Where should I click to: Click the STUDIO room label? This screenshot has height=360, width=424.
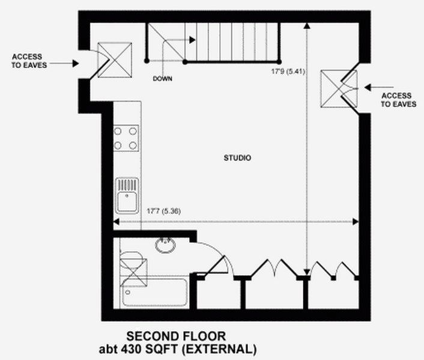237,158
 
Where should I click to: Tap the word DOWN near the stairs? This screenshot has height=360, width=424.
162,79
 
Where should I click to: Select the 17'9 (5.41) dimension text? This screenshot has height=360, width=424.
288,72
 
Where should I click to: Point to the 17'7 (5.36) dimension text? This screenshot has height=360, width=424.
163,211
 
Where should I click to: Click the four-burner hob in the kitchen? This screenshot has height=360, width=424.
126,138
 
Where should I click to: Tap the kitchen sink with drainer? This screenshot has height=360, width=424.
127,195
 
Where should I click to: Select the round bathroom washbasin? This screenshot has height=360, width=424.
166,245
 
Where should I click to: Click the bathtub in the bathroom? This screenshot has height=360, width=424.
154,292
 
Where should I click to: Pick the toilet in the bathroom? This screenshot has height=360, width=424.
131,260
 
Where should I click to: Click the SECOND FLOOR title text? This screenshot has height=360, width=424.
176,337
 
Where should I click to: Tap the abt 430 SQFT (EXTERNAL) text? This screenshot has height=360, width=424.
178,349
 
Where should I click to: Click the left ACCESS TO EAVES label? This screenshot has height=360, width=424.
29,61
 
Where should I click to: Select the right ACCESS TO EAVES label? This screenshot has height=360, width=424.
398,100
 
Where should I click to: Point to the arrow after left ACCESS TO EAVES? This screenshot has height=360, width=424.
64,64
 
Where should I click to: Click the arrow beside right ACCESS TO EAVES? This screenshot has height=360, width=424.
379,87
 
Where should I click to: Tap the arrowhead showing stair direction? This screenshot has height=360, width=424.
192,40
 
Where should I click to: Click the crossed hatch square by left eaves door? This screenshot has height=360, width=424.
115,60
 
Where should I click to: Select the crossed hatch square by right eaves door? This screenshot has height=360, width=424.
339,89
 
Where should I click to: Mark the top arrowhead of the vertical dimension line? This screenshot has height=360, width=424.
307,25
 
